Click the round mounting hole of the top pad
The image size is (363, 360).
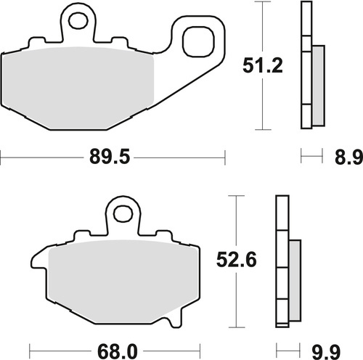point(80,18)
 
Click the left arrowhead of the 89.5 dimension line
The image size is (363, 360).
point(3,156)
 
